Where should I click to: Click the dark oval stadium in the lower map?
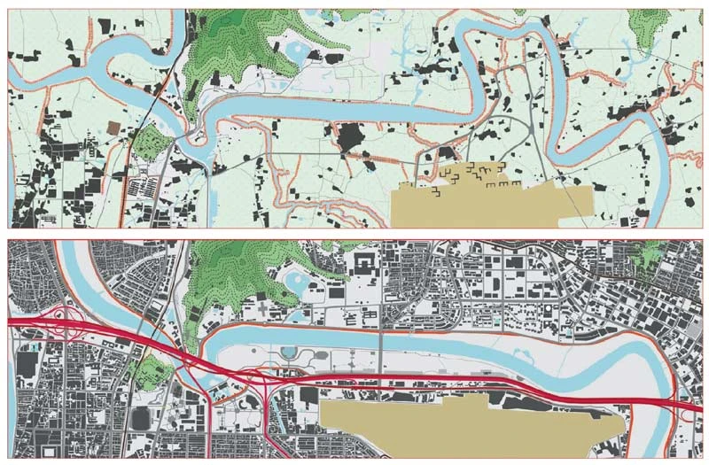(x=141, y=416)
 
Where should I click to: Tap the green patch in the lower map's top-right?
(x=654, y=252)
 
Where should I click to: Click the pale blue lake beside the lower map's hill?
(x=293, y=286)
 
